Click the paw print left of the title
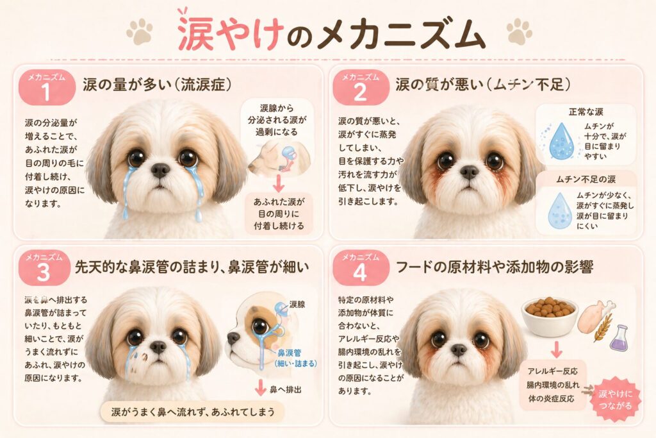point(140,31)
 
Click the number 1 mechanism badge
point(47,87)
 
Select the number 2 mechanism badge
point(361,87)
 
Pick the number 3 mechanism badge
point(44,269)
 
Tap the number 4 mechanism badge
point(360,269)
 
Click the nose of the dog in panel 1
point(160,169)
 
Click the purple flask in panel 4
point(619,338)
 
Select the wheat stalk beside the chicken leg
point(602,326)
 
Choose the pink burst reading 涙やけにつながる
point(615,399)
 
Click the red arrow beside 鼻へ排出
point(260,387)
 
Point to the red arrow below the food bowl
point(556,350)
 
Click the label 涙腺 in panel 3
point(297,305)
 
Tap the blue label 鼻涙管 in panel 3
point(290,353)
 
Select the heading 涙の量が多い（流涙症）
point(157,85)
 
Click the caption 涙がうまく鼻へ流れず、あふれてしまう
point(193,412)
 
